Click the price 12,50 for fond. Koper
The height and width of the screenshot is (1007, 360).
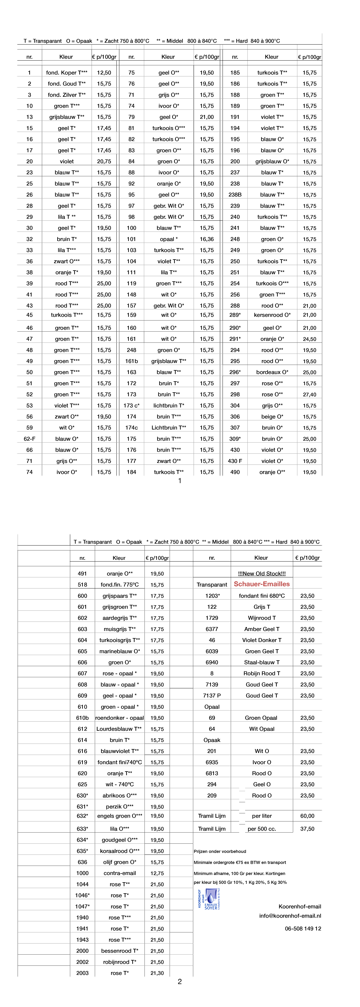tap(104, 73)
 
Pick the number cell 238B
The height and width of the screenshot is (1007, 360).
tap(235, 195)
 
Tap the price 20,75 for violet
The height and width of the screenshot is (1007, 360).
tap(104, 162)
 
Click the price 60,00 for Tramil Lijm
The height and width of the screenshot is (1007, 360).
tap(307, 816)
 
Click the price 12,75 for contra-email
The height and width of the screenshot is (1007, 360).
tap(157, 873)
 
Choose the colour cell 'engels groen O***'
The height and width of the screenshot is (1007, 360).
tap(120, 816)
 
